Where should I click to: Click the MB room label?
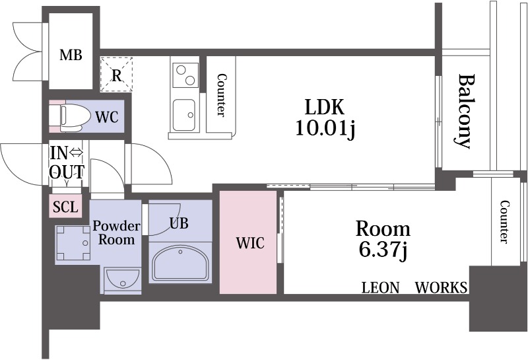pyautogui.click(x=71, y=55)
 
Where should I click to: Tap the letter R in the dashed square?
pyautogui.click(x=117, y=76)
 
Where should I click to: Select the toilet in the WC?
pyautogui.click(x=70, y=118)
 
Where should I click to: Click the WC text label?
pyautogui.click(x=107, y=117)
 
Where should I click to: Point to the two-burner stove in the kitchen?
pyautogui.click(x=185, y=75)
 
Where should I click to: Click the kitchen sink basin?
pyautogui.click(x=184, y=115)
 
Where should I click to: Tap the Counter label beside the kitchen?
pyautogui.click(x=221, y=95)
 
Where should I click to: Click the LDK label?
pyautogui.click(x=324, y=107)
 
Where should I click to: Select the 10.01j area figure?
pyautogui.click(x=325, y=128)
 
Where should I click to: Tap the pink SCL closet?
pyautogui.click(x=65, y=206)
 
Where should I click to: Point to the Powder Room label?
pyautogui.click(x=116, y=233)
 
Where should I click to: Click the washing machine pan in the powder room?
pyautogui.click(x=73, y=242)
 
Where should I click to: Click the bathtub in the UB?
pyautogui.click(x=181, y=263)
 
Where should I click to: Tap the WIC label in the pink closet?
pyautogui.click(x=250, y=242)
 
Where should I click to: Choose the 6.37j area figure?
pyautogui.click(x=383, y=250)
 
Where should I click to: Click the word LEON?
pyautogui.click(x=381, y=288)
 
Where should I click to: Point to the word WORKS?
pyautogui.click(x=441, y=287)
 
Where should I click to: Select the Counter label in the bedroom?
pyautogui.click(x=504, y=221)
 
